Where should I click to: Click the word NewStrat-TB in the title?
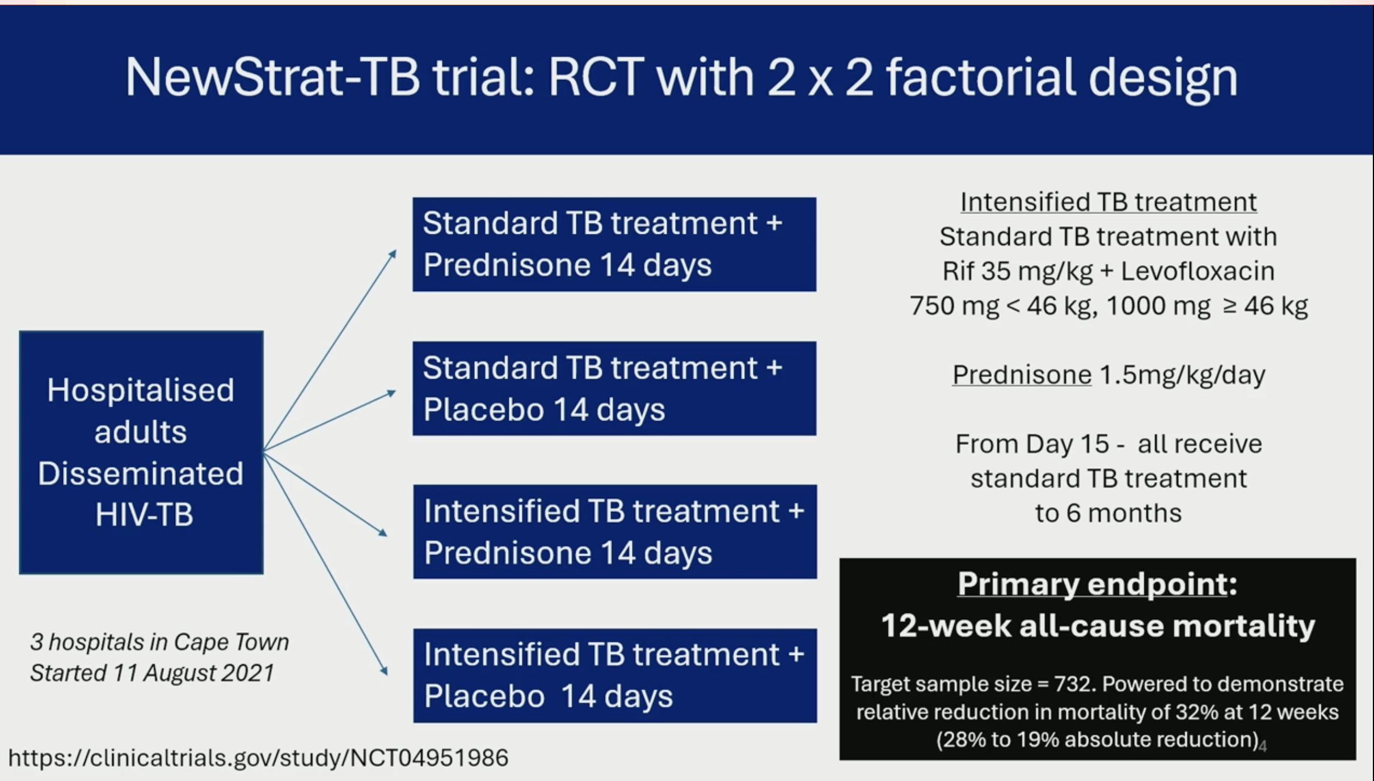tap(272, 77)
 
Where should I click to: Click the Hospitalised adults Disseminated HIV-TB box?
tap(141, 452)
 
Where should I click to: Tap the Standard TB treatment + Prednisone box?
tap(614, 245)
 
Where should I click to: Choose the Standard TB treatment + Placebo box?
tap(614, 389)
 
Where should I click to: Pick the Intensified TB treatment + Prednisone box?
tap(615, 532)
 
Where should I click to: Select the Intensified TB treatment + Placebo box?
tap(615, 675)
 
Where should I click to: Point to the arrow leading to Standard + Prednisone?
tap(330, 351)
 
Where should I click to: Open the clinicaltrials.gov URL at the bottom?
tap(258, 758)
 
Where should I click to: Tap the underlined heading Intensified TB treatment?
tap(1109, 202)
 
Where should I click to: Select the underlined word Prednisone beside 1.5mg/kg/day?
tap(1022, 375)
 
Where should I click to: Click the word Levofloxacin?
tap(1198, 271)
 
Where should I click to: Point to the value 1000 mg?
tap(1158, 306)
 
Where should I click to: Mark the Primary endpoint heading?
tap(1097, 583)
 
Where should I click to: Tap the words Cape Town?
tap(231, 643)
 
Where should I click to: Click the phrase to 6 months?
tap(1109, 513)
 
